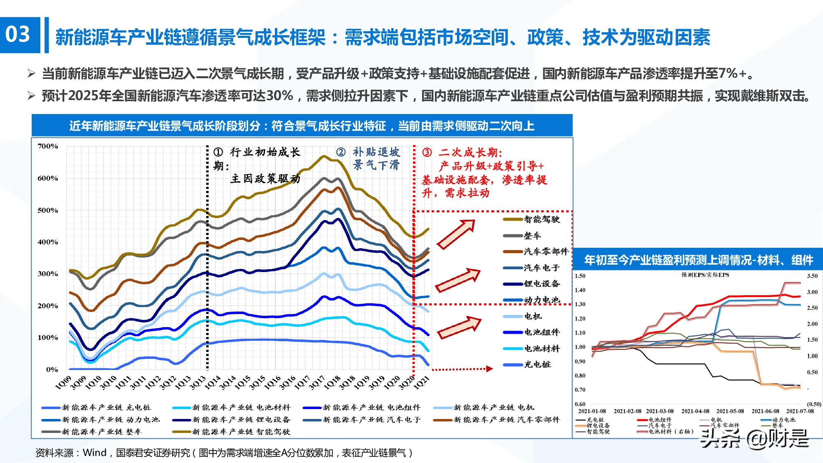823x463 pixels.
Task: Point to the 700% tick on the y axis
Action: tap(48, 146)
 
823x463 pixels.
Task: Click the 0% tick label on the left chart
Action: tap(52, 369)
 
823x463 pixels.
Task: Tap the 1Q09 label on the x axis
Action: tap(63, 383)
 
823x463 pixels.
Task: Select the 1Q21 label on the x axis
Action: tap(422, 383)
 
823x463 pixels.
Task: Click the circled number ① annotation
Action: tap(218, 152)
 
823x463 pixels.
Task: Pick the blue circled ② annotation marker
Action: tap(341, 152)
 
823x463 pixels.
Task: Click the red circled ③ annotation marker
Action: tap(427, 152)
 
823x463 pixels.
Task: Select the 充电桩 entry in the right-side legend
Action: tap(537, 364)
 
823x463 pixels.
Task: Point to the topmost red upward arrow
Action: tap(456, 234)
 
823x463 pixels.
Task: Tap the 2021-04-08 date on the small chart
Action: tap(695, 411)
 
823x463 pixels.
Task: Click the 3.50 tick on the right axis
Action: tap(812, 276)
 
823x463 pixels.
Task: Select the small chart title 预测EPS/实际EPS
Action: tap(705, 275)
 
